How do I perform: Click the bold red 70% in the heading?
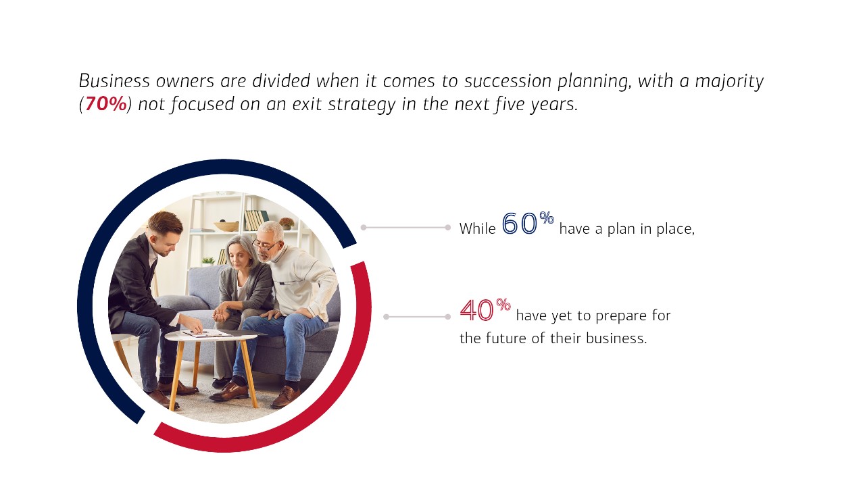tap(105, 105)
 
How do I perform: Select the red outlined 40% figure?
tap(485, 310)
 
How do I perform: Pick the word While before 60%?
tap(477, 229)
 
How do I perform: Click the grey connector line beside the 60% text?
tap(405, 228)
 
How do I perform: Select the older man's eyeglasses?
tap(264, 245)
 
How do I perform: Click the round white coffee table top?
tap(210, 335)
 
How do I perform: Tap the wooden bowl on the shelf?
tap(226, 226)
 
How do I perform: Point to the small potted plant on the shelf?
tap(287, 222)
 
